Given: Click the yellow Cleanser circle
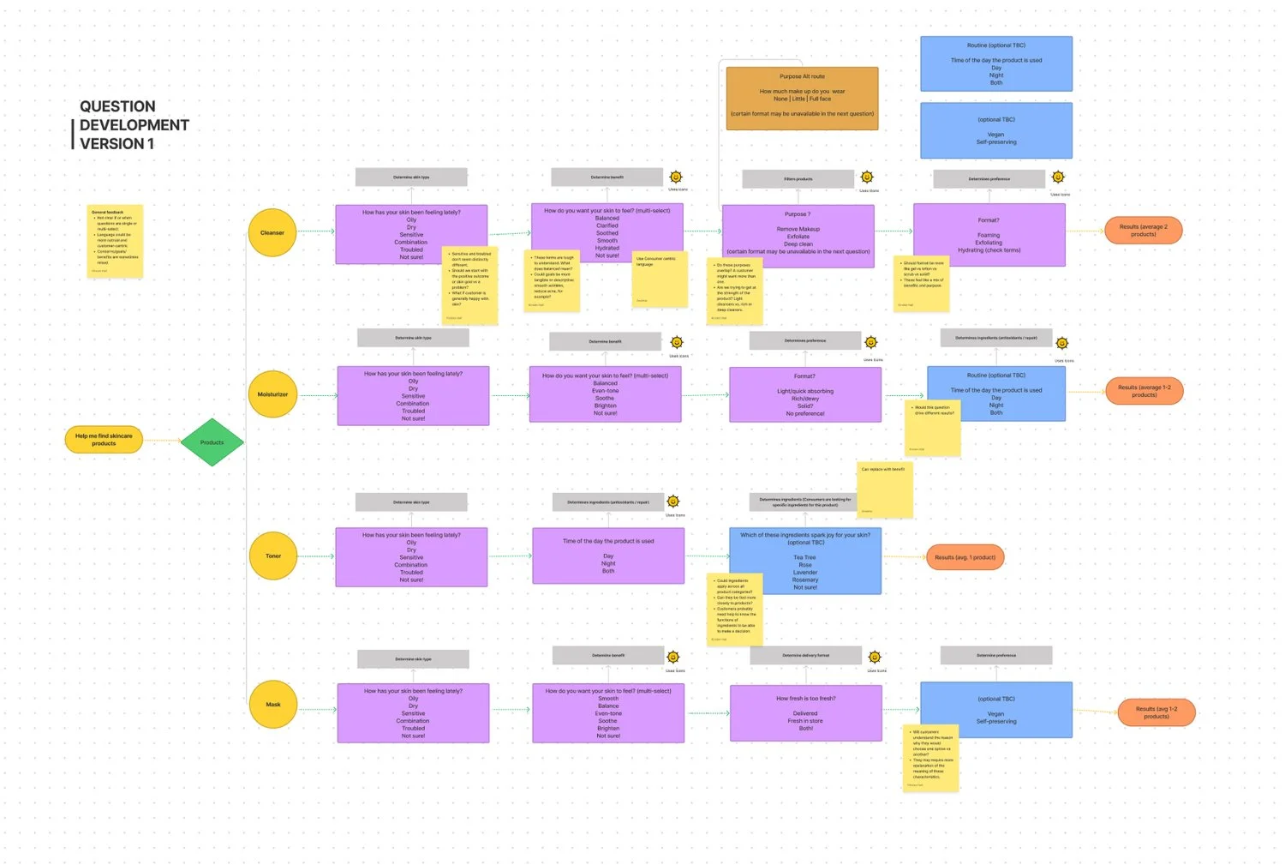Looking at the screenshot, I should [272, 232].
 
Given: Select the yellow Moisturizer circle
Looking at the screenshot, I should [272, 394].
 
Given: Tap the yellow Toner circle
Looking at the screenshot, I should [272, 556].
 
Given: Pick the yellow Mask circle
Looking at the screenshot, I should [272, 705].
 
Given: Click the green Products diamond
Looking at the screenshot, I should [212, 442].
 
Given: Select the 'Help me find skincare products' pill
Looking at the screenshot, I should [104, 440].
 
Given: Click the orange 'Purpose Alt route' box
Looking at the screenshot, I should [802, 99].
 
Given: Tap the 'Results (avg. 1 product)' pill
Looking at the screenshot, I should [965, 557].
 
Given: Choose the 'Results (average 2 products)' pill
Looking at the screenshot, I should [1143, 231].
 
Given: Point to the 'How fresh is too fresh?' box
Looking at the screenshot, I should [805, 712].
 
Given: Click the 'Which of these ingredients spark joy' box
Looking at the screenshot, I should [804, 561].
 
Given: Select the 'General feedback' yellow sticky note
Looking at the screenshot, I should [115, 241].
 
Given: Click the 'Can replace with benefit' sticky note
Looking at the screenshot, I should [885, 490].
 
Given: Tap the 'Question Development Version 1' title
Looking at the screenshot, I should [134, 125].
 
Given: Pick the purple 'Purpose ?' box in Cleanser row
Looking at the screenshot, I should [798, 235].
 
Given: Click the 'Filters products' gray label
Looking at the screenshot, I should [798, 179].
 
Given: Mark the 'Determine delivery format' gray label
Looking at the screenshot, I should [805, 656].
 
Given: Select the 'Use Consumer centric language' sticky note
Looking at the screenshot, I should [660, 279].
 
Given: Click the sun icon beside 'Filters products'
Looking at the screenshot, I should [867, 177].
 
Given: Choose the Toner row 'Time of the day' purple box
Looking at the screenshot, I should [608, 556].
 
